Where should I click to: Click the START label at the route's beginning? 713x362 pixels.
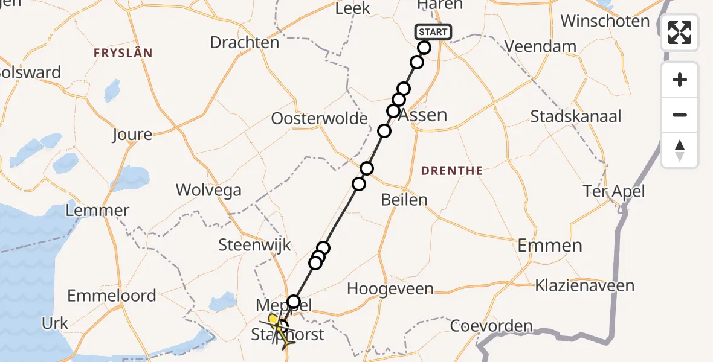point(433,32)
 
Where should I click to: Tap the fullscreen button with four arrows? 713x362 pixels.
point(680,33)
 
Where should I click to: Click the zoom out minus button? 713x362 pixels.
point(680,115)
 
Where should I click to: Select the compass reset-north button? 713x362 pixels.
point(680,150)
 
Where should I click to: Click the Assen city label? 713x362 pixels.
point(424,115)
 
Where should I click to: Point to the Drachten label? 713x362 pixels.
point(244,43)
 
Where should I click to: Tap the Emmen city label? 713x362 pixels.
point(550,245)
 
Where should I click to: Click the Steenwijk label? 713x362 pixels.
point(254,245)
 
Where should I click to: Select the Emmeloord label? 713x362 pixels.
point(112,296)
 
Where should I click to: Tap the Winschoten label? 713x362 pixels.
point(605,21)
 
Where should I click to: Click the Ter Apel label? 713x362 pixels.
point(614,192)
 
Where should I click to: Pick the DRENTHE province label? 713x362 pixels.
point(452,171)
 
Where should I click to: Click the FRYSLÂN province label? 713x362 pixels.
point(123,53)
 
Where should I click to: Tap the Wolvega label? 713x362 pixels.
point(208,190)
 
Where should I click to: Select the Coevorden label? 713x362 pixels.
point(491,327)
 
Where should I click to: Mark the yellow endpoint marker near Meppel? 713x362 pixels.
point(273,319)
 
